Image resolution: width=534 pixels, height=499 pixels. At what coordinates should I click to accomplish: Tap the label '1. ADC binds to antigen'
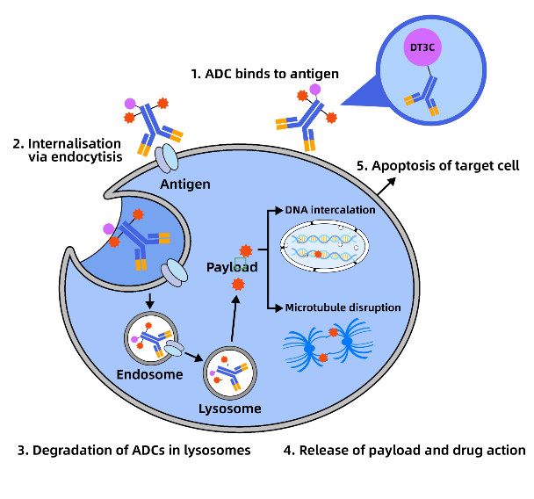[x=264, y=73]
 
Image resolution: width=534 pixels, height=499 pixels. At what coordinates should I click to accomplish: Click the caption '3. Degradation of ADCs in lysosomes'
[x=133, y=451]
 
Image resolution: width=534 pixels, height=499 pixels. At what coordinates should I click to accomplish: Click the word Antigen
[x=185, y=184]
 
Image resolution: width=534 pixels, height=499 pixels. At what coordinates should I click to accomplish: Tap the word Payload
[x=232, y=266]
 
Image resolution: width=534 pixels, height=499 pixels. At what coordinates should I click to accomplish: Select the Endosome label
[x=149, y=374]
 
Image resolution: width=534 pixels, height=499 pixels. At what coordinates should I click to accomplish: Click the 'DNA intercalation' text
[x=330, y=211]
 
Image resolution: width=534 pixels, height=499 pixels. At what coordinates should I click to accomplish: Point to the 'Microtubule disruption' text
[x=343, y=307]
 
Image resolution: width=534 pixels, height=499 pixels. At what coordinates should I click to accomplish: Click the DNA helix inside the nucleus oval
[x=324, y=249]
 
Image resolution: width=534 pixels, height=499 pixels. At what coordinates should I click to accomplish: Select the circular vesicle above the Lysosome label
[x=230, y=374]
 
